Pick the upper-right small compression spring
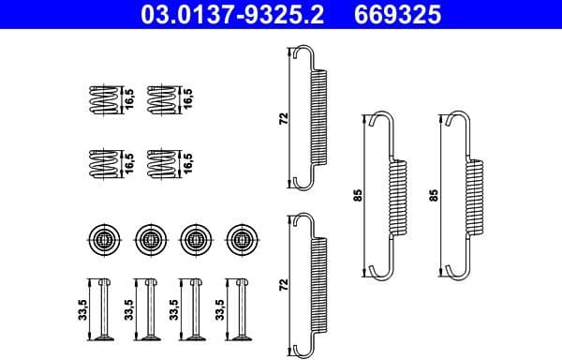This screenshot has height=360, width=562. pyautogui.click(x=163, y=98)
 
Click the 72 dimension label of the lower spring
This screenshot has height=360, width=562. pyautogui.click(x=282, y=283)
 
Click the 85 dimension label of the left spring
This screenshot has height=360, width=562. pyautogui.click(x=357, y=197)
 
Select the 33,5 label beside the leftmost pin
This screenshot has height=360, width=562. pyautogui.click(x=81, y=308)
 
